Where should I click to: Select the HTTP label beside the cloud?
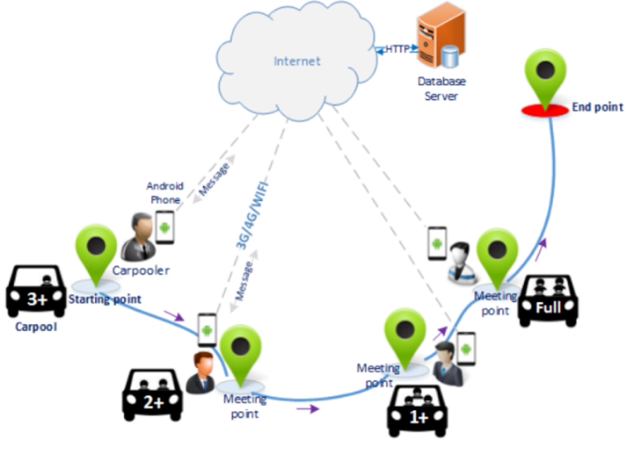(x=397, y=49)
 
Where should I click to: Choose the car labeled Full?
(x=548, y=301)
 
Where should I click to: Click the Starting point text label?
(x=105, y=299)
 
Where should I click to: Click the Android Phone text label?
(x=165, y=193)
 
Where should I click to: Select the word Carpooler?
(x=141, y=271)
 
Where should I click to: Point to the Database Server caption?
(x=441, y=89)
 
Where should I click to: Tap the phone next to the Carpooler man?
(x=165, y=228)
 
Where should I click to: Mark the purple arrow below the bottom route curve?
(x=308, y=409)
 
